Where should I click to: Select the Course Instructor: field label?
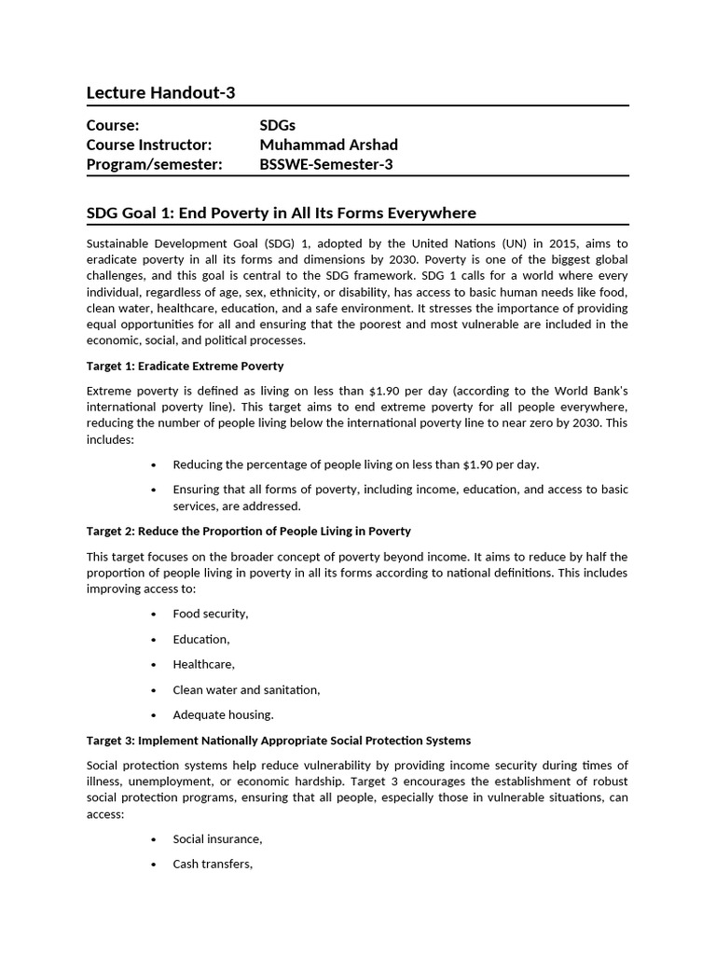(x=149, y=145)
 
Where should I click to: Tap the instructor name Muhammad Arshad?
(x=328, y=145)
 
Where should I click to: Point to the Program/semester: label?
(x=154, y=164)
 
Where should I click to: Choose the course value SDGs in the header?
(x=277, y=125)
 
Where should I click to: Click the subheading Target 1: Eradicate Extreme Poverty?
(x=185, y=366)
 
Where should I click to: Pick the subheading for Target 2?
(x=248, y=531)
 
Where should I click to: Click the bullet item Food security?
(x=210, y=614)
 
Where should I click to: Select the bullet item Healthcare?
(x=203, y=664)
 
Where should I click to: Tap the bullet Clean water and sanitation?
(x=246, y=689)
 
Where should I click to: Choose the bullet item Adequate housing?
(x=223, y=714)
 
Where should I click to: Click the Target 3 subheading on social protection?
(x=278, y=740)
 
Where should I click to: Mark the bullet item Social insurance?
(x=217, y=838)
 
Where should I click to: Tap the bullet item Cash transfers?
(x=213, y=864)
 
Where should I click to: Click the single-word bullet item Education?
(x=200, y=639)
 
